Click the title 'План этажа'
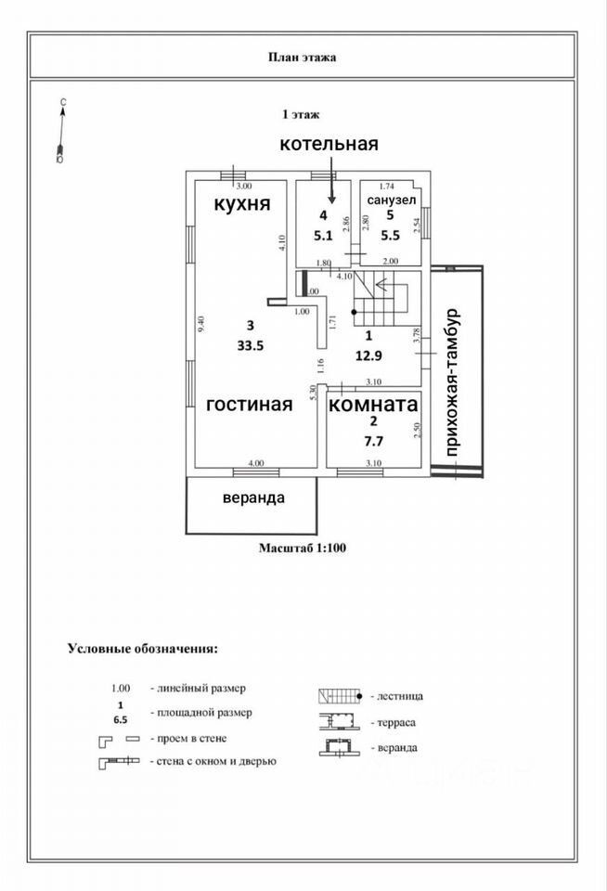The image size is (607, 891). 303,58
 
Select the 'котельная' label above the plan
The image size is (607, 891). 330,144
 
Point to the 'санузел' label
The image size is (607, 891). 388,200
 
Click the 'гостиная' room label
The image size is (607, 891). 249,404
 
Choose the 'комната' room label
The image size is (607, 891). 373,406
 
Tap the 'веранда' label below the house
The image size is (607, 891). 252,497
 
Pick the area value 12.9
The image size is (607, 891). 368,353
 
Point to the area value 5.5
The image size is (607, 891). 390,235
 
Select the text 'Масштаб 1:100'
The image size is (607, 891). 302,549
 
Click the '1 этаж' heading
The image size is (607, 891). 301,115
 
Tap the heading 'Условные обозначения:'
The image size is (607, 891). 142,648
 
